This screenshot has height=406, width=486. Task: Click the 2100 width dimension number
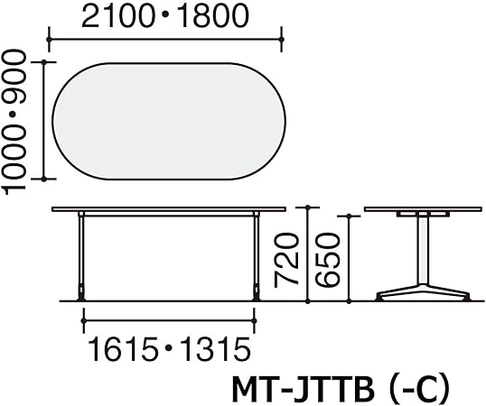(x=115, y=17)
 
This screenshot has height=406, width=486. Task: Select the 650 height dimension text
(x=331, y=259)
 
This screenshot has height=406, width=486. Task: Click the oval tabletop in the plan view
(x=170, y=122)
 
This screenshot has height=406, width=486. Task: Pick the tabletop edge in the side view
(x=420, y=211)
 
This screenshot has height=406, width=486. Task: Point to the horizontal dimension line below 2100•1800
(x=166, y=40)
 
